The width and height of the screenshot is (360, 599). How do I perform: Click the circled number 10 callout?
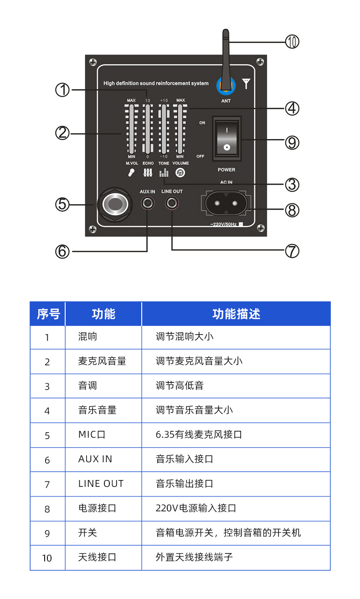pos(292,42)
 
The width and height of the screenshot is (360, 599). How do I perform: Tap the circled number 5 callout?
pos(62,204)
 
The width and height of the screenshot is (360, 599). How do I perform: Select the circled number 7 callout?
pos(292,251)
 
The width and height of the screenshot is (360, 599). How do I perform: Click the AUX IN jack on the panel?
pos(147,203)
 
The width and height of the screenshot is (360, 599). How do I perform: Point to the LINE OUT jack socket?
pos(172,203)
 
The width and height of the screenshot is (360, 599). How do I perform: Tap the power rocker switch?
pos(226,138)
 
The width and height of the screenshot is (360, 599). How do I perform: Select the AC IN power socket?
pos(226,203)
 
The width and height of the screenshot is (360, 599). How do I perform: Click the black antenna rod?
pos(226,55)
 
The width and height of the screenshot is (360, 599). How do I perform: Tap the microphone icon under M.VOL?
pos(131,173)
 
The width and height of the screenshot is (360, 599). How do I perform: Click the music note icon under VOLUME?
pos(180,173)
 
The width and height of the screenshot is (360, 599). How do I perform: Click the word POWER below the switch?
pos(226,170)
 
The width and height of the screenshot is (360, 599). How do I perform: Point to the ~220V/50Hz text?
pos(224,224)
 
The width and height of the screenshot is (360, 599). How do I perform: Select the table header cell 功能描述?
pos(236,314)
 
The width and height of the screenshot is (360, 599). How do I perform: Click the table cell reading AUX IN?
pos(95,459)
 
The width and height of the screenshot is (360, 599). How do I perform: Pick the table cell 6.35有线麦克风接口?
pos(199,434)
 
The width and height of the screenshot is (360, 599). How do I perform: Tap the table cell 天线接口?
pos(97,557)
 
